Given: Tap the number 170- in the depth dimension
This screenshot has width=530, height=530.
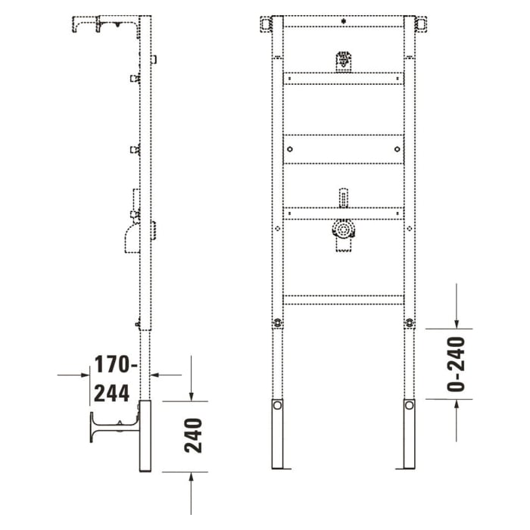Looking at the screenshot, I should pos(114,365).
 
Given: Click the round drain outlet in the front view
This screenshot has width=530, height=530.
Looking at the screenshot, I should pos(343,229).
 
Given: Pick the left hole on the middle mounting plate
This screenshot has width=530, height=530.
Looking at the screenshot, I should pos(288,149).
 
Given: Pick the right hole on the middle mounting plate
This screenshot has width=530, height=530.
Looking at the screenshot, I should pos(398,149).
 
